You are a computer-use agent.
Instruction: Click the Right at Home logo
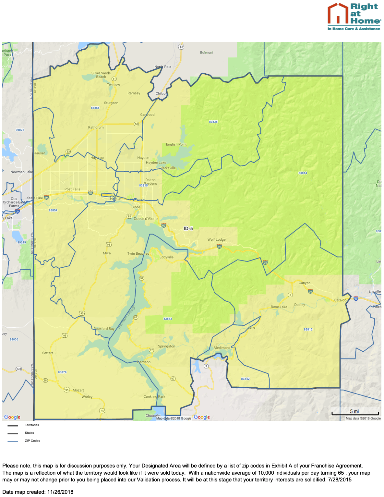[x=354, y=17]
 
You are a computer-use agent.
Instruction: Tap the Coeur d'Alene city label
[x=146, y=219]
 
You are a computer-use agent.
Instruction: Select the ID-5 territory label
[x=188, y=228]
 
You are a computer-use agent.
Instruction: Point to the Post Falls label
[x=72, y=189]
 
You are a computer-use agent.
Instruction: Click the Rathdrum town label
[x=96, y=127]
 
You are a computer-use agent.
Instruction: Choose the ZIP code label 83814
[x=303, y=173]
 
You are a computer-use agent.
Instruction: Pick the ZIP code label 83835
[x=213, y=122]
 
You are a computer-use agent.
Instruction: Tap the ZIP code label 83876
[x=62, y=372]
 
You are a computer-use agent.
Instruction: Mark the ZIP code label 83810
[x=308, y=330]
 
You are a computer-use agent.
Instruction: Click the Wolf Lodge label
[x=216, y=240]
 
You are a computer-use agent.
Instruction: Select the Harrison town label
[x=144, y=362]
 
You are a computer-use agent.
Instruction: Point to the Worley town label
[x=87, y=397]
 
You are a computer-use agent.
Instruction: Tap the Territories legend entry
[x=32, y=425]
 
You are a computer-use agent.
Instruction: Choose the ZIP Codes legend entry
[x=32, y=441]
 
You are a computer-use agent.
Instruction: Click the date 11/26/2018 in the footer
[x=60, y=492]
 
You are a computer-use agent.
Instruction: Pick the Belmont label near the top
[x=207, y=53]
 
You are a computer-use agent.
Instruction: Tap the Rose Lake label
[x=279, y=307]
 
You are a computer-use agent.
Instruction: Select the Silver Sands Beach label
[x=101, y=75]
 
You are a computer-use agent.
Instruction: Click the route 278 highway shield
[x=19, y=369]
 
